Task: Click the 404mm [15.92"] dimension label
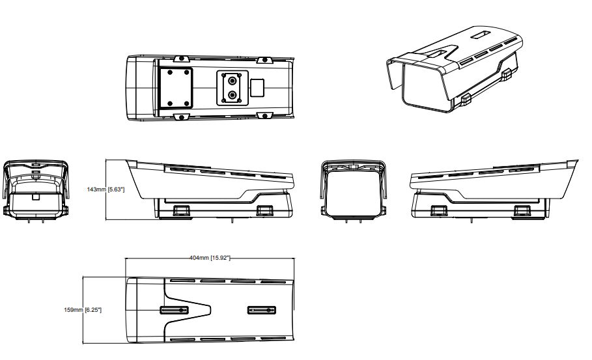click(x=210, y=258)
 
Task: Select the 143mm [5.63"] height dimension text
click(x=106, y=189)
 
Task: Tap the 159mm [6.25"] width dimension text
click(x=83, y=310)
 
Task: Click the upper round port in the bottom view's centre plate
click(x=233, y=80)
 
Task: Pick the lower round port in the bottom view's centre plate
click(x=233, y=94)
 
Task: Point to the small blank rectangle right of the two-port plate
click(x=257, y=87)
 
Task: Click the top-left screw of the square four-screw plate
click(x=170, y=72)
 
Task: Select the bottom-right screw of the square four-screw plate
click(x=186, y=104)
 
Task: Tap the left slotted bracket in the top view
click(x=174, y=310)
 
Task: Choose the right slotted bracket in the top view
click(x=262, y=310)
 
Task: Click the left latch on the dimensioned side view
click(x=182, y=210)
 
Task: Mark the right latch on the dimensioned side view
click(x=264, y=210)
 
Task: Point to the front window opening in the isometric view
click(x=427, y=87)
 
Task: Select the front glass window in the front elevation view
click(x=354, y=193)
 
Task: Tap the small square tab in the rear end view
click(x=35, y=197)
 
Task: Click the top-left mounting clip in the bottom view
click(x=181, y=59)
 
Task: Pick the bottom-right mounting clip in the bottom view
click(x=264, y=115)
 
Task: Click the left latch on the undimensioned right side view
click(x=438, y=210)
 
